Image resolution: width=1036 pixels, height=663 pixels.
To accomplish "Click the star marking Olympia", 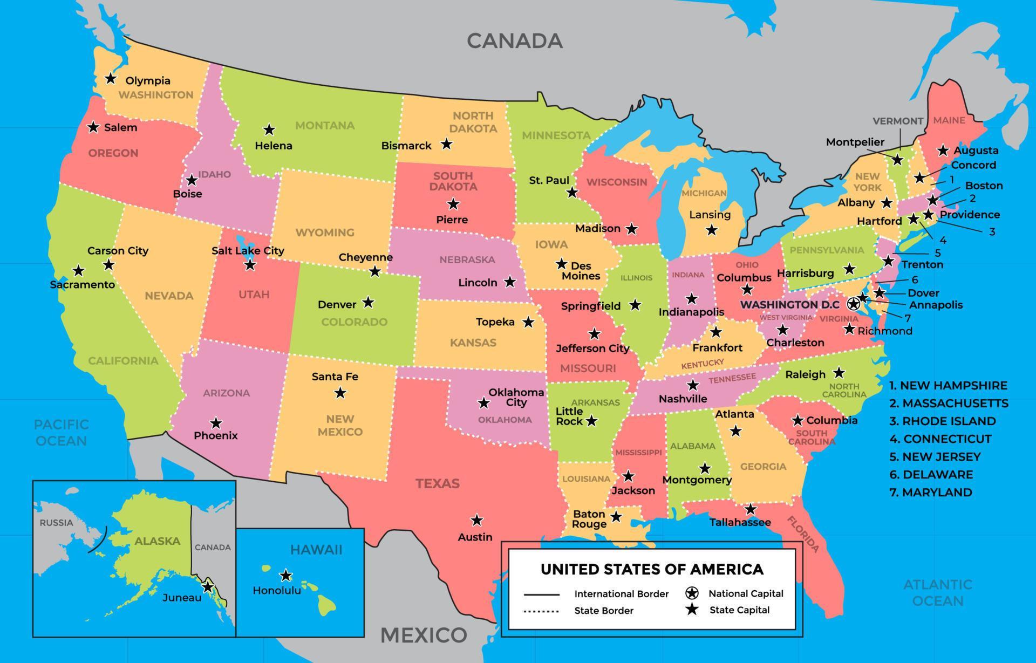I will point(111,79).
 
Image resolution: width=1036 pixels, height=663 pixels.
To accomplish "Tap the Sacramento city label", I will point(82,284).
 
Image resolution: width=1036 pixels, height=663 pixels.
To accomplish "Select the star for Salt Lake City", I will point(250,265).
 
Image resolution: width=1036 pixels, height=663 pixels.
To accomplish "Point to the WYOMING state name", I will point(325,233).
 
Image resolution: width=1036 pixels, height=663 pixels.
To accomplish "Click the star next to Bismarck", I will point(446,144).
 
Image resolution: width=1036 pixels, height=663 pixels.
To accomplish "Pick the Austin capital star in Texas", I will point(476,520).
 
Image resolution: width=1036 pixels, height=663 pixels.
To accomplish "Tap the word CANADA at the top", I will point(514,41).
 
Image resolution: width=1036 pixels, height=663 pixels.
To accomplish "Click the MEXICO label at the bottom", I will point(424,635).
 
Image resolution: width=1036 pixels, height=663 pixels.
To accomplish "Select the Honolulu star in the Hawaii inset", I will point(286,575).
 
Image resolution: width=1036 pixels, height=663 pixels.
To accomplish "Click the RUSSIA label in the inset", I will point(56,522).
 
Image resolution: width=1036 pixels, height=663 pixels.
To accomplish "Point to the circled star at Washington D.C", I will point(853,304).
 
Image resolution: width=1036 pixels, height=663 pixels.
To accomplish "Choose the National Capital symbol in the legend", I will point(692,593).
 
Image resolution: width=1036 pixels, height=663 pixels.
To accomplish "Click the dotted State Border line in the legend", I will point(541,611).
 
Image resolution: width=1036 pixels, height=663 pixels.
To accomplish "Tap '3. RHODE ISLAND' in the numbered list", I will point(942,421).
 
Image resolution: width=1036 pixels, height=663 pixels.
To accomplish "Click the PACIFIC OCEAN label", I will point(61,433).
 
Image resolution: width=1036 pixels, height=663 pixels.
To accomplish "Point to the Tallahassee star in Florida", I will point(751,509).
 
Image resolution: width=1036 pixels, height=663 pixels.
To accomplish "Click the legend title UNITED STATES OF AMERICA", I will point(652,569).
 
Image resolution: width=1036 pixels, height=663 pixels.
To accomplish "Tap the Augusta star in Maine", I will point(943,151).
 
